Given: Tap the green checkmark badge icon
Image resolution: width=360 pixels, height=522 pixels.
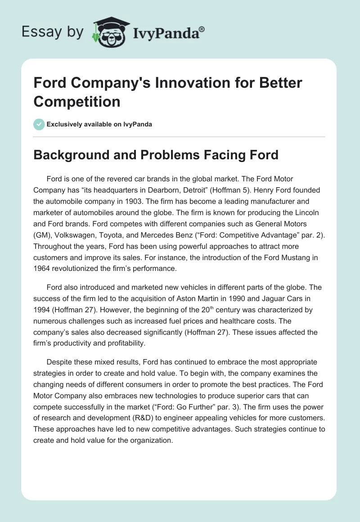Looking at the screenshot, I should (39, 124).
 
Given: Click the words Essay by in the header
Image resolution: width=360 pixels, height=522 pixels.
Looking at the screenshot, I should (53, 31).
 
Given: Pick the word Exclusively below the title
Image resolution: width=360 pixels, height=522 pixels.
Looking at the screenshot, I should (67, 124).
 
